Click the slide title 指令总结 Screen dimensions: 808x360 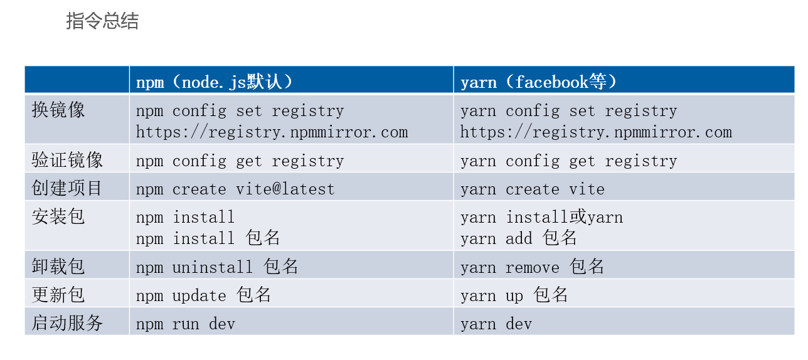pyautogui.click(x=102, y=21)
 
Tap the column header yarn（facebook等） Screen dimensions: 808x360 pyautogui.click(x=539, y=82)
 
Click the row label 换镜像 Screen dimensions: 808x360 pyautogui.click(x=58, y=110)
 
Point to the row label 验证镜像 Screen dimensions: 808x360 pyautogui.click(x=67, y=160)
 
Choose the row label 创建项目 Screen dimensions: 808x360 pyautogui.click(x=67, y=188)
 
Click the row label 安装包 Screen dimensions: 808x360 pyautogui.click(x=58, y=217)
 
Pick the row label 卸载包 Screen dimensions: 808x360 pyautogui.click(x=58, y=267)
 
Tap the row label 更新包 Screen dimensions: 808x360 pyautogui.click(x=58, y=295)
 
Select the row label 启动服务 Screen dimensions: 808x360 pyautogui.click(x=67, y=323)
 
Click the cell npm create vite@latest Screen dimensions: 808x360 pyautogui.click(x=235, y=189)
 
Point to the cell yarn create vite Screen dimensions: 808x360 pyautogui.click(x=532, y=189)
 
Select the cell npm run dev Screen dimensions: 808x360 pyautogui.click(x=186, y=324)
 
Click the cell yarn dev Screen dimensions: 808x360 pyautogui.click(x=496, y=324)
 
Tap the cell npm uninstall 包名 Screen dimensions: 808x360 pyautogui.click(x=217, y=267)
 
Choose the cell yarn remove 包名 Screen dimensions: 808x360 pyautogui.click(x=532, y=267)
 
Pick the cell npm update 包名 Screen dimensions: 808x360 pyautogui.click(x=203, y=295)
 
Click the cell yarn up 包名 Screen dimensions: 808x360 pyautogui.click(x=514, y=295)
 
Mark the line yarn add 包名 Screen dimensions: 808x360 pyautogui.click(x=518, y=238)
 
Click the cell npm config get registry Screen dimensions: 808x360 pyautogui.click(x=240, y=161)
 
